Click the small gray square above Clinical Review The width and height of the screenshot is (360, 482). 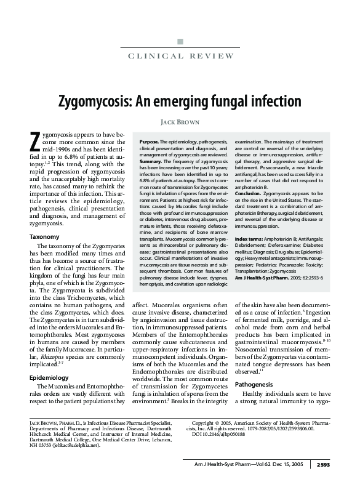click(x=180, y=42)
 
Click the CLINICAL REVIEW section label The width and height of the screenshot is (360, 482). click(x=180, y=57)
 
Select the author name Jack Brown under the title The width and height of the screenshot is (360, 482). click(x=180, y=122)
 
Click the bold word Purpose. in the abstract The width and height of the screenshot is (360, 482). click(x=150, y=141)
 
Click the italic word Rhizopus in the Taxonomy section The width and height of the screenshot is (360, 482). click(x=50, y=356)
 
